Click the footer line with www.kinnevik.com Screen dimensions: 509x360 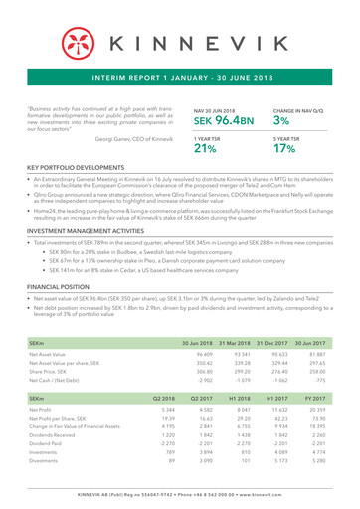tap(180, 494)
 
